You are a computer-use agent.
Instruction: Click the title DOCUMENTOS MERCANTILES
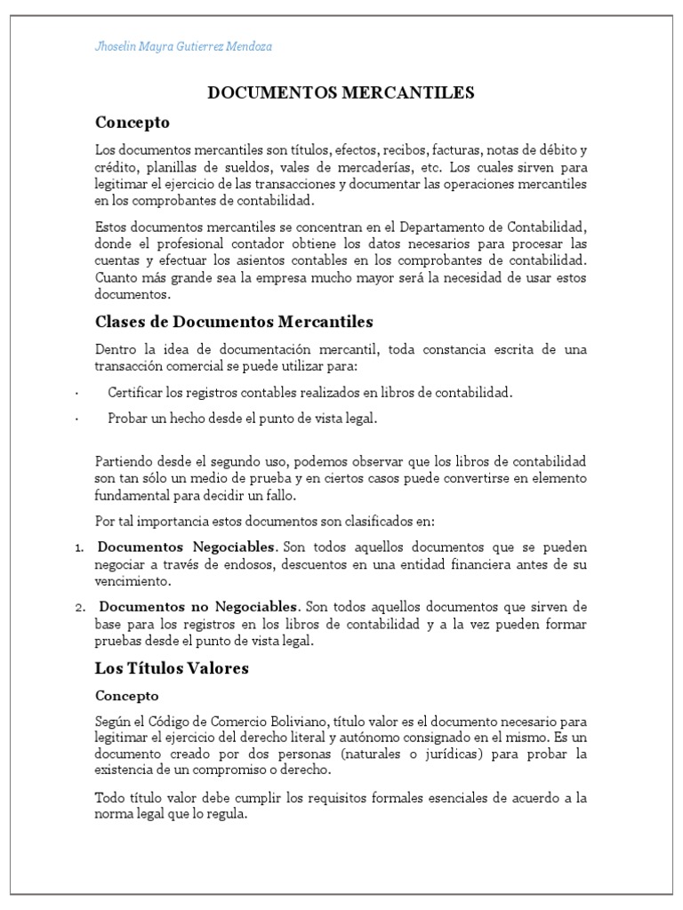[x=341, y=92]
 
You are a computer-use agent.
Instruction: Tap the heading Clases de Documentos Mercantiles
[x=234, y=321]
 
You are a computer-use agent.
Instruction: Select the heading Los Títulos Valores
[x=172, y=667]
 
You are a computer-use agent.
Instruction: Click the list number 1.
[x=78, y=547]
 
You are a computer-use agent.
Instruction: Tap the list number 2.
[x=79, y=608]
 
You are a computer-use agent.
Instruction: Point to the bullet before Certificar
[x=78, y=393]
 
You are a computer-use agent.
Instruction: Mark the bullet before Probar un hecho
[x=78, y=419]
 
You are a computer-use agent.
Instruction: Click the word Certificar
[x=133, y=392]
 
